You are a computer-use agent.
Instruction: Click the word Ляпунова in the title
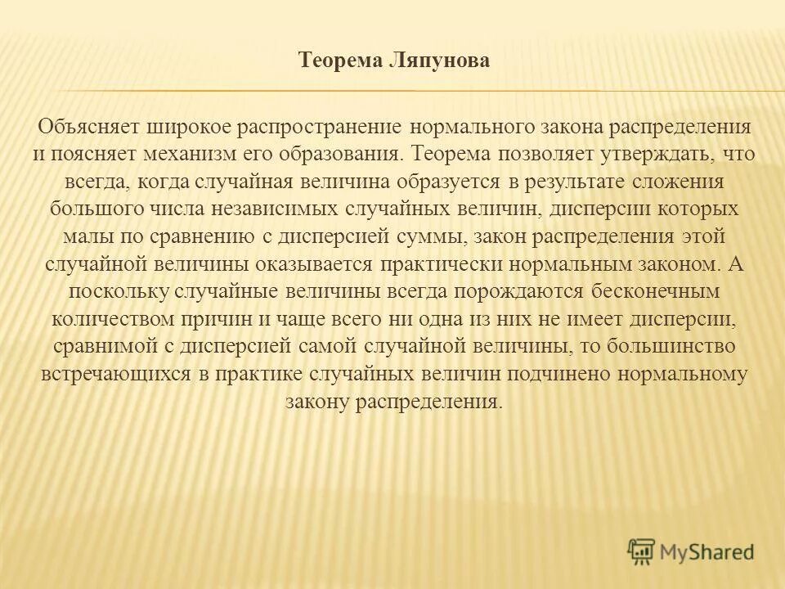442,61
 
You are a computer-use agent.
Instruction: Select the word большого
96,208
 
